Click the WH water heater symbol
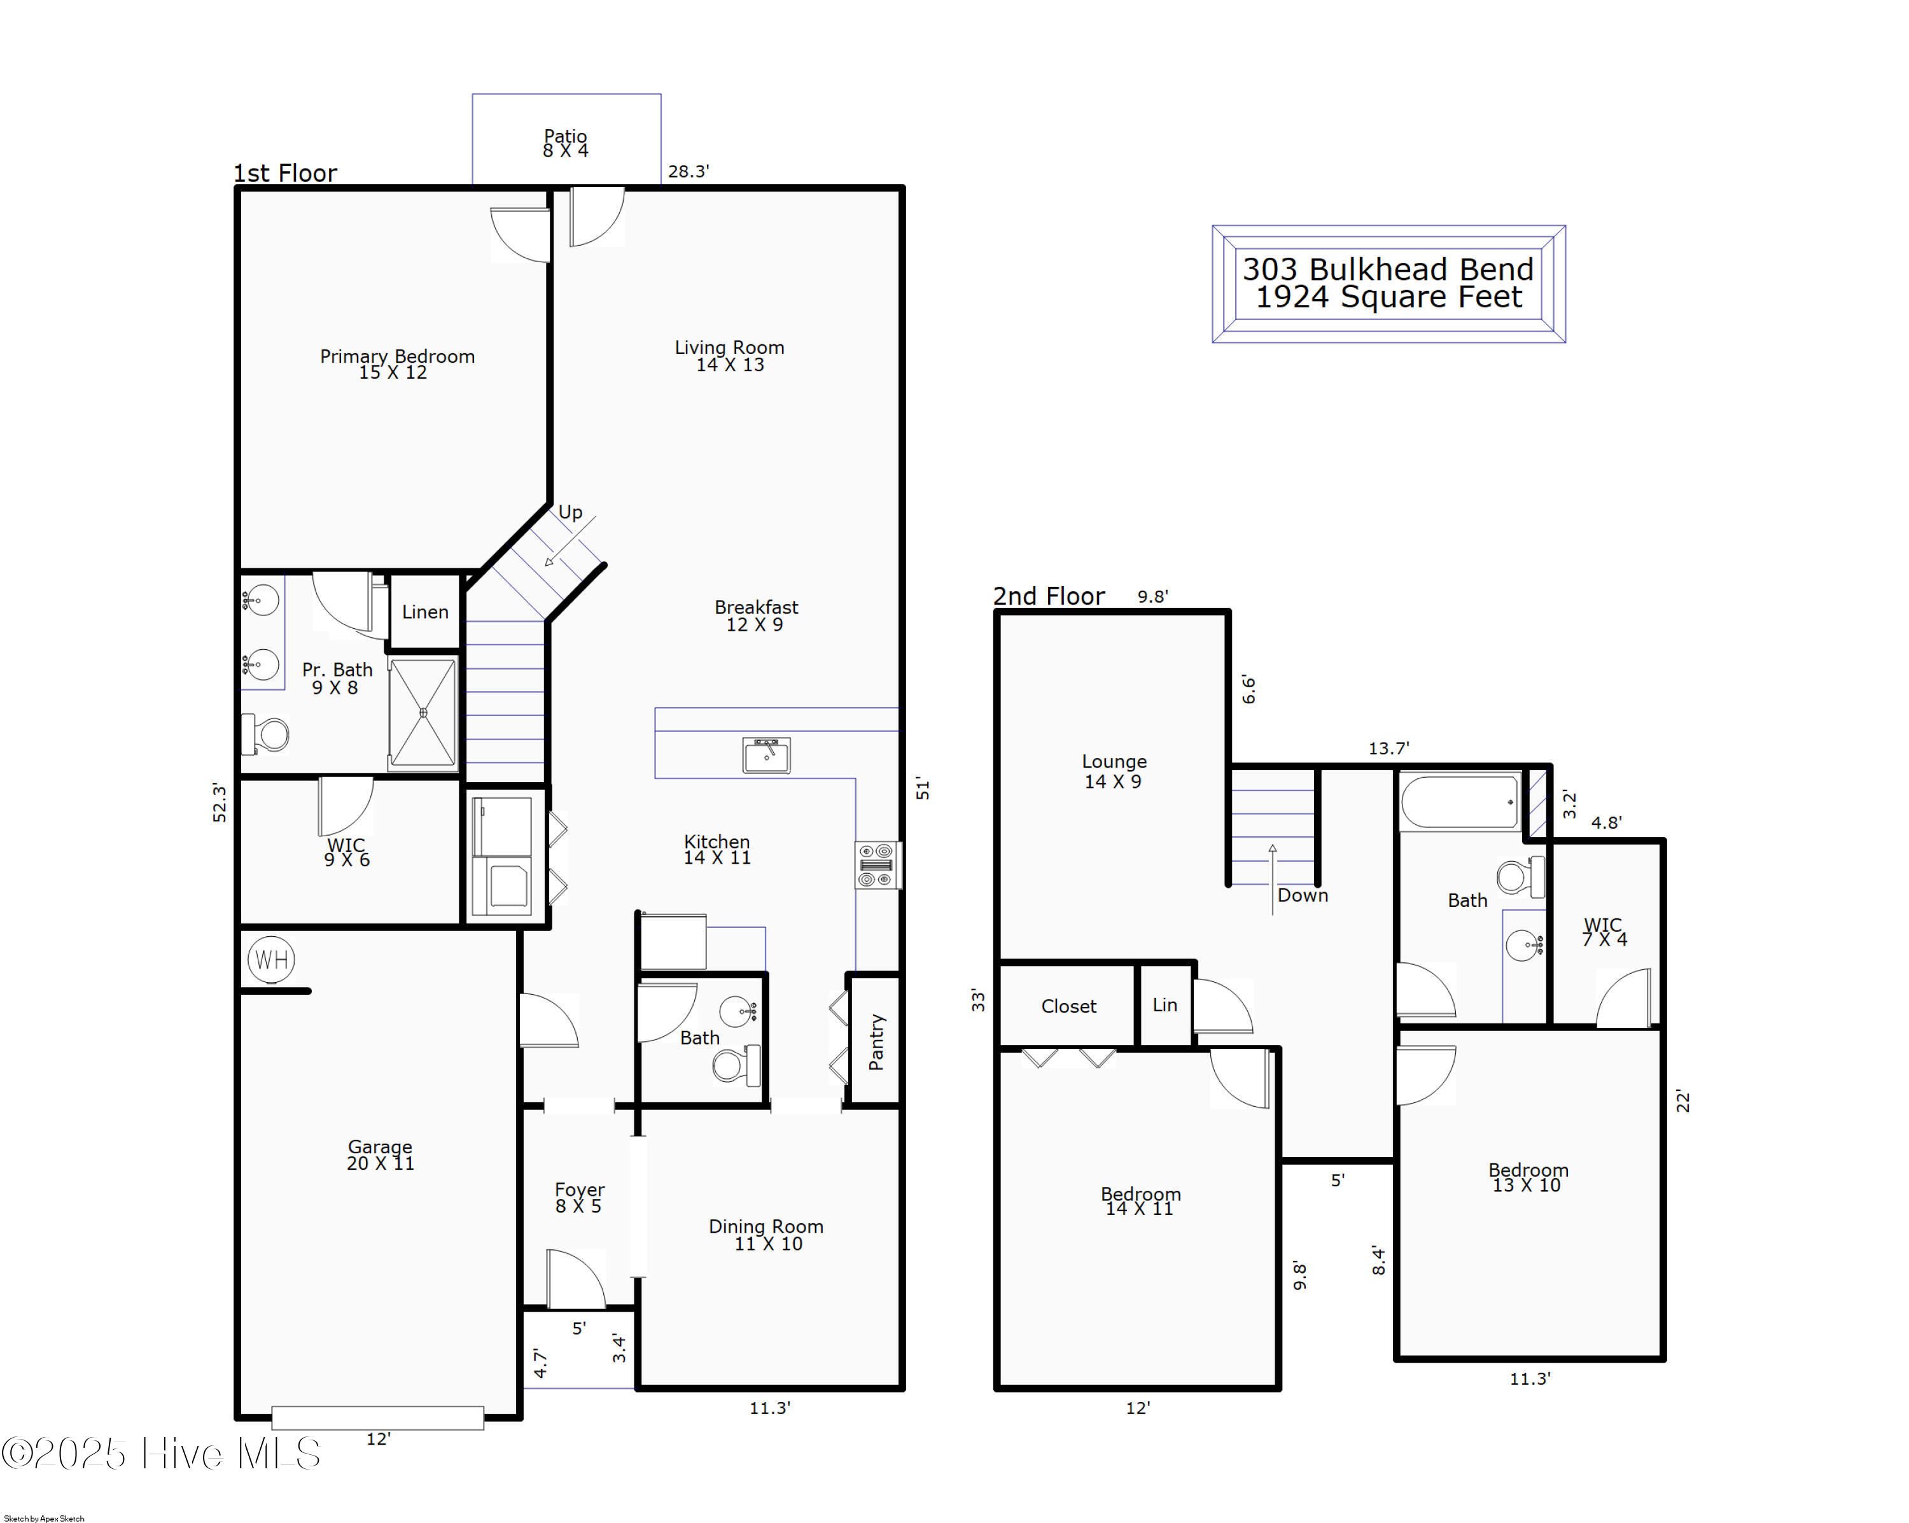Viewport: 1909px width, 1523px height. coord(271,960)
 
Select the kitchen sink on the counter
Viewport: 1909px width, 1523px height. coord(767,755)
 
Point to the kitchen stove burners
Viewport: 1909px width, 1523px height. coord(878,865)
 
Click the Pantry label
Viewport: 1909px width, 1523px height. coord(877,1042)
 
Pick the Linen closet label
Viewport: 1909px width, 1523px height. coord(425,612)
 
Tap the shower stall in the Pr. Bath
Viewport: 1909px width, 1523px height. coord(423,713)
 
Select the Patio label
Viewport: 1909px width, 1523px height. coord(566,136)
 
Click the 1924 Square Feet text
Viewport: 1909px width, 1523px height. coord(1388,297)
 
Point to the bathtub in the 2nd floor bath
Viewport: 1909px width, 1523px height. coord(1460,802)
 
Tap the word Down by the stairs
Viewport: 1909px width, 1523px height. coord(1303,895)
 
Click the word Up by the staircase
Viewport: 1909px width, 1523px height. coord(570,512)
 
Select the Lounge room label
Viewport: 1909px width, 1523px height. coord(1114,761)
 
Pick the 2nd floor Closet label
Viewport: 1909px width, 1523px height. coord(1068,1006)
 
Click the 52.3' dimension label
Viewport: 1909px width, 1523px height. coord(220,802)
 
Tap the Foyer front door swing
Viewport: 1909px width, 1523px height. coord(575,1279)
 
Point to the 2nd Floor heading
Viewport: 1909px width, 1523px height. coord(1049,596)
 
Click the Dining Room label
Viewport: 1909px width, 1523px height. coord(766,1226)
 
